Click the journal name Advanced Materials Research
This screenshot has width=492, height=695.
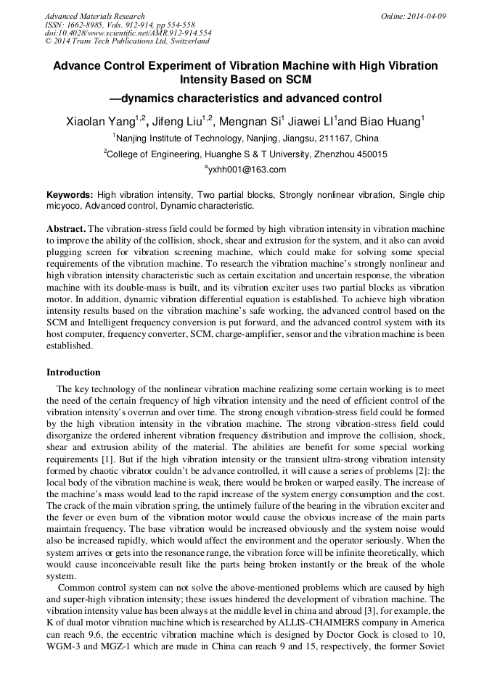pos(94,16)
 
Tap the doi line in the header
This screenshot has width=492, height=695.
pos(128,33)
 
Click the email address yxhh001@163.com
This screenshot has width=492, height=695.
pos(247,170)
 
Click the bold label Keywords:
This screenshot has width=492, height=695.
pos(70,196)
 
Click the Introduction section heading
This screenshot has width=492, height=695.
pos(73,373)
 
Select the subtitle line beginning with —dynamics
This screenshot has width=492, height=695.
pos(245,99)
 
